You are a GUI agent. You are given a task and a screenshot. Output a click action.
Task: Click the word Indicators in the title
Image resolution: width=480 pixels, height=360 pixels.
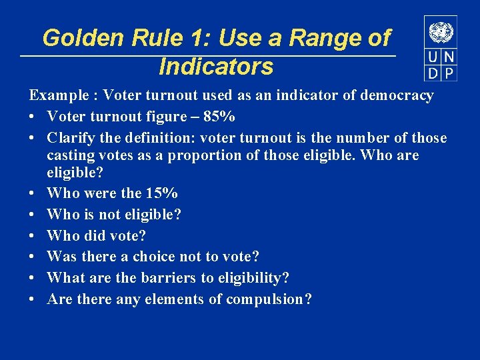point(216,67)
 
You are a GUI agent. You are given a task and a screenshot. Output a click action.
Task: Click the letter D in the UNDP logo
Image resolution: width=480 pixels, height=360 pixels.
point(433,73)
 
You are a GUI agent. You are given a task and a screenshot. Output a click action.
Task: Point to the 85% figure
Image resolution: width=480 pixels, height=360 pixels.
point(219,117)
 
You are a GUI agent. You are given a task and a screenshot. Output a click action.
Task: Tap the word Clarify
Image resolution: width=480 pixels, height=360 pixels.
point(68,138)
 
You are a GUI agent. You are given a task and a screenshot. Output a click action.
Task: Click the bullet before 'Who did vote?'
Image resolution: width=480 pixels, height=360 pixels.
point(32,236)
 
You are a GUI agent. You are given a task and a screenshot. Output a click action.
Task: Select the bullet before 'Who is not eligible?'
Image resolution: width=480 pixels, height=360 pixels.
point(32,215)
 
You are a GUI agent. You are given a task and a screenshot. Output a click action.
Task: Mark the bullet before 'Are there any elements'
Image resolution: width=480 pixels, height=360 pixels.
point(32,299)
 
